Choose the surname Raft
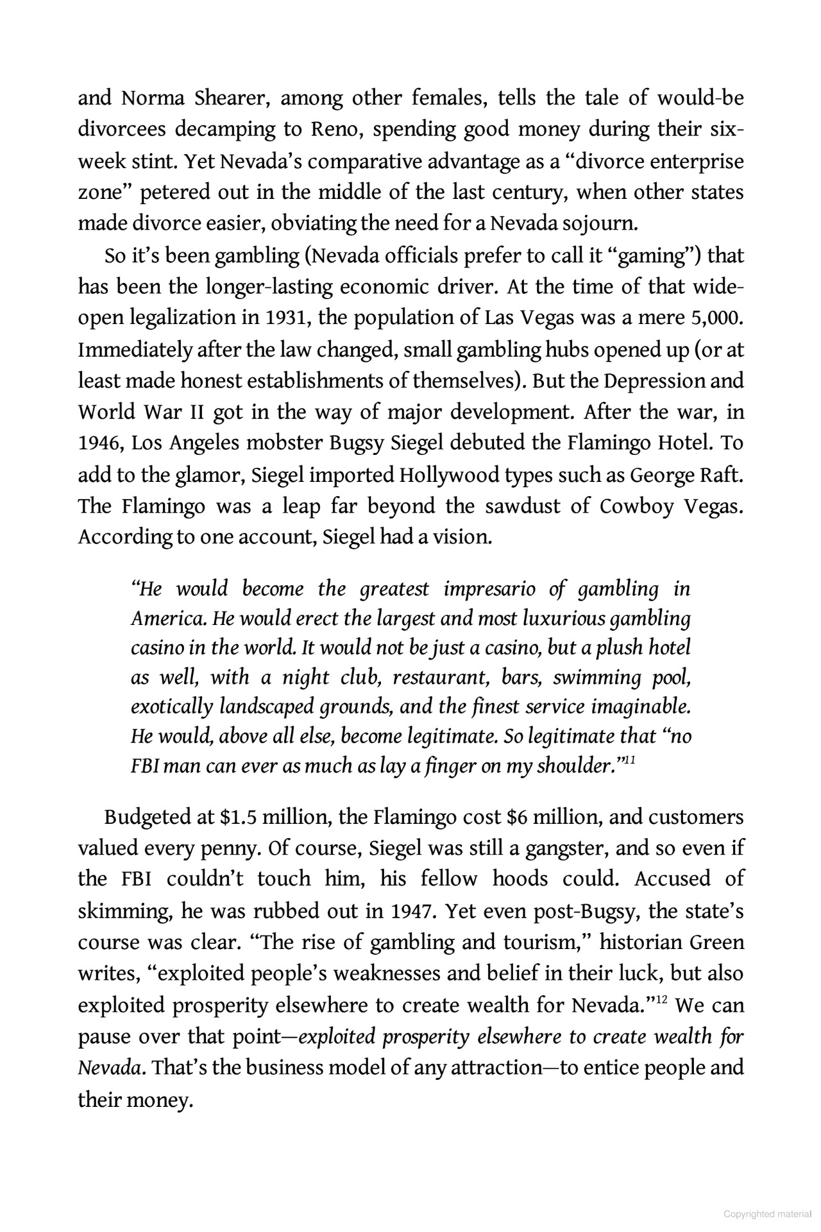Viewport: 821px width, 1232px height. (721, 475)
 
